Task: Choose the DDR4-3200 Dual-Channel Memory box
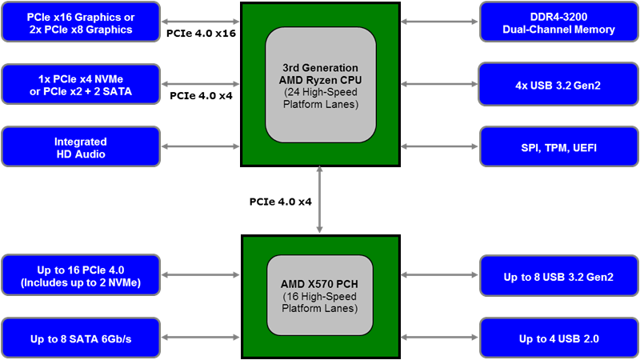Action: pyautogui.click(x=559, y=22)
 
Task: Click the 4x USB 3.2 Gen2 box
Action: pyautogui.click(x=559, y=84)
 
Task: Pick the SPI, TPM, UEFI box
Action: pyautogui.click(x=559, y=147)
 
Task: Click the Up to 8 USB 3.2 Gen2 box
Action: pyautogui.click(x=559, y=276)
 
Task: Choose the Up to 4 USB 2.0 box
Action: pyautogui.click(x=559, y=338)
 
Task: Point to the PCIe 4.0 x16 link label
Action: pyautogui.click(x=201, y=34)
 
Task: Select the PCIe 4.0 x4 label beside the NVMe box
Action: pyautogui.click(x=201, y=95)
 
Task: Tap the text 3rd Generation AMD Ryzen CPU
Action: pyautogui.click(x=320, y=74)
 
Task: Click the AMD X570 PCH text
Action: pyautogui.click(x=320, y=285)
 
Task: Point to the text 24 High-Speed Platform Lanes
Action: pyautogui.click(x=320, y=98)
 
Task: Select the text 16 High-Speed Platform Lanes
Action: pyautogui.click(x=320, y=302)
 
